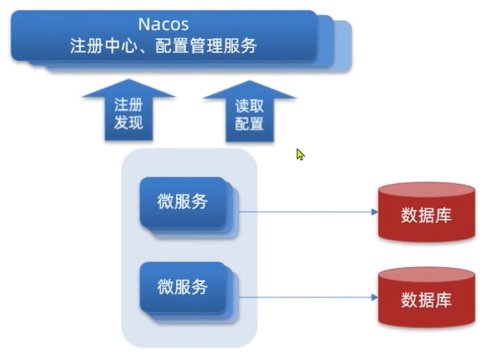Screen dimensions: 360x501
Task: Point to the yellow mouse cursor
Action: [x=300, y=153]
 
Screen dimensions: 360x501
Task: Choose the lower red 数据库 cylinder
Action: [x=426, y=299]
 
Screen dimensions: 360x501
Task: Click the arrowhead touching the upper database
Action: [x=374, y=212]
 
